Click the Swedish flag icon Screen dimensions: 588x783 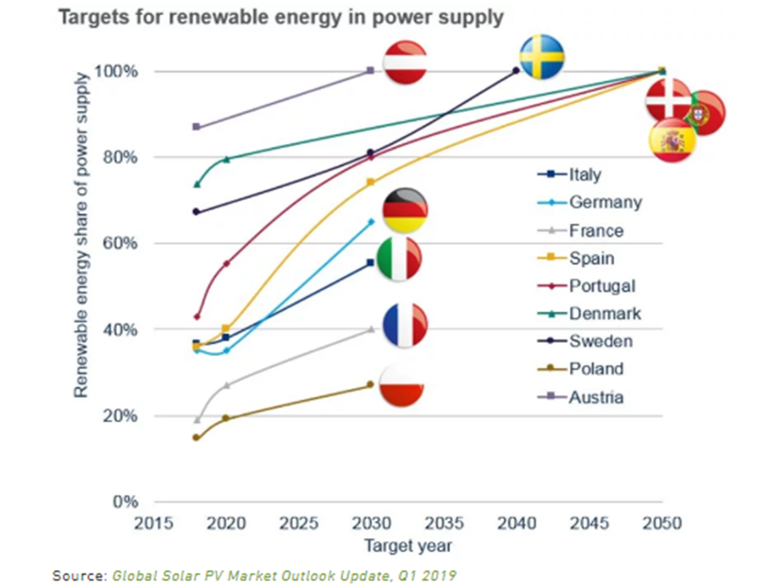click(542, 56)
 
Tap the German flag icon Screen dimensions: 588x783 click(405, 210)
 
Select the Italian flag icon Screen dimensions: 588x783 click(400, 260)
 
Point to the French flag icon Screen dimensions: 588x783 click(405, 324)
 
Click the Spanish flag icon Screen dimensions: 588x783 click(672, 140)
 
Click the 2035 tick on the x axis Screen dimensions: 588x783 click(443, 523)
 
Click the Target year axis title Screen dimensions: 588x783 click(408, 545)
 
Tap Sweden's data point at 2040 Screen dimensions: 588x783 click(515, 71)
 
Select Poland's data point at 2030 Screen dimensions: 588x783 click(370, 384)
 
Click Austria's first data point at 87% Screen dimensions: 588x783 click(197, 127)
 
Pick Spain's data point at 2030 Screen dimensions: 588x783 click(370, 182)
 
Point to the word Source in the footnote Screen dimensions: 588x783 click(77, 575)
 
